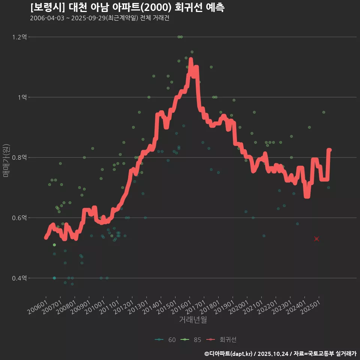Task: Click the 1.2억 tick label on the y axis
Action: coord(19,37)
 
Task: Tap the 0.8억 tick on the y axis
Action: coord(19,157)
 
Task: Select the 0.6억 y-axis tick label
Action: coord(19,218)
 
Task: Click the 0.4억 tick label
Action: coord(19,278)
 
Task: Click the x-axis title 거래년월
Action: coord(193,320)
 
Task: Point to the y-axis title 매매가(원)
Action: coord(6,160)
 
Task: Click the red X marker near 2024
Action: coord(316,239)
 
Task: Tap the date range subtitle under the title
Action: coord(99,18)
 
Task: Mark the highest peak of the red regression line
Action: coord(191,59)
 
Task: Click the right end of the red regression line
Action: coord(329,150)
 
